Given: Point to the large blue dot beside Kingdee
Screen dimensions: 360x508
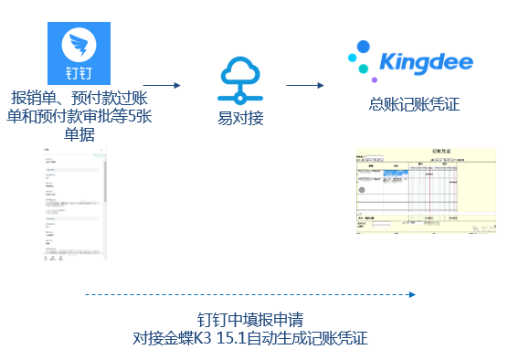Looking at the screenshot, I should point(364,48).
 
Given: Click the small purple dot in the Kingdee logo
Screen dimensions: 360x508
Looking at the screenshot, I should point(375,80).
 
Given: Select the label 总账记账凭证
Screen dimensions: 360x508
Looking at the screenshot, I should point(413,104).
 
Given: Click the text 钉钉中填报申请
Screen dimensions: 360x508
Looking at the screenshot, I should point(250,320).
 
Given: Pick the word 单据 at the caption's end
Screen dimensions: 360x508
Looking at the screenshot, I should point(80,134).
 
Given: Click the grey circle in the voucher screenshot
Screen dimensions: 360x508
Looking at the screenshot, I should point(363,190).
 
